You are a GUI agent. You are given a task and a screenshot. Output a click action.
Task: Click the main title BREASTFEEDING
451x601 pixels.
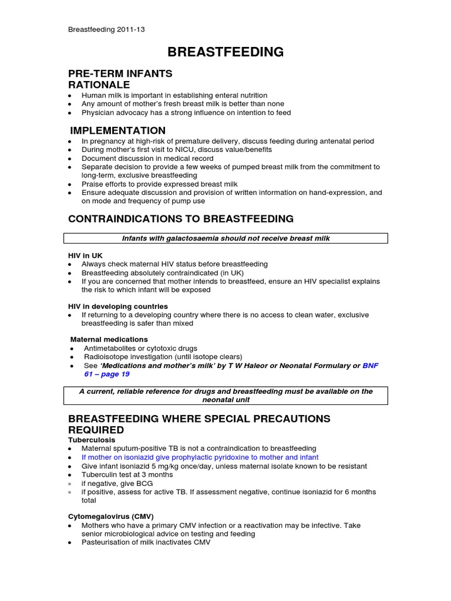[225, 52]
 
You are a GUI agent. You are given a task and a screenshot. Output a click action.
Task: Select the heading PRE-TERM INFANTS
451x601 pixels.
[120, 73]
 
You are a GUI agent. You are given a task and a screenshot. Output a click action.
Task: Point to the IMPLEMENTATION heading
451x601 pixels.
[118, 130]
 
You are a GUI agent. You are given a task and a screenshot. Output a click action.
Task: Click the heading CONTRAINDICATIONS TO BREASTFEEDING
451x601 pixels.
[181, 219]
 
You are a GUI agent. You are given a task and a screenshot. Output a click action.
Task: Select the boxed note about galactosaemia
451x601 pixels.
[225, 238]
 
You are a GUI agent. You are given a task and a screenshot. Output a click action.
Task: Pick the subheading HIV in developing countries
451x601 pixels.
[118, 306]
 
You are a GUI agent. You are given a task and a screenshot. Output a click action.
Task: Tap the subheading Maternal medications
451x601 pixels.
[109, 339]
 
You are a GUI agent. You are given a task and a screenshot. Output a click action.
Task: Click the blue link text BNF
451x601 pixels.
[371, 365]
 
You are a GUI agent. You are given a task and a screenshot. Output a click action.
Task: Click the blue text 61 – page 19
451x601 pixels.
[106, 374]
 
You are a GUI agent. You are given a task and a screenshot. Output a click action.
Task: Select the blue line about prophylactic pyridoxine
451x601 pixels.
[200, 457]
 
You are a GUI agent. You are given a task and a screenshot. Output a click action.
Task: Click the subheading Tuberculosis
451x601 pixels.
[92, 440]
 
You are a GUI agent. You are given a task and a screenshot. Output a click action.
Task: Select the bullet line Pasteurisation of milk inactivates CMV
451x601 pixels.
[146, 543]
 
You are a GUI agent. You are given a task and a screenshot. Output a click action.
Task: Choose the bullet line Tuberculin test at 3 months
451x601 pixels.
[127, 474]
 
